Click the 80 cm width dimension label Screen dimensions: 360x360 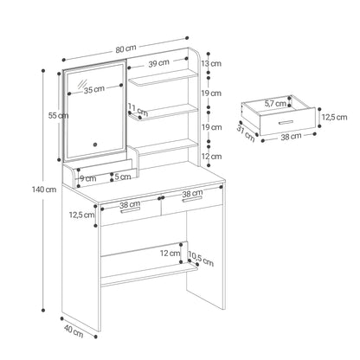[x=125, y=49]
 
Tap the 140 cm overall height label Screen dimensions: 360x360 [x=44, y=190]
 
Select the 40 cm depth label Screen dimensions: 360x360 [x=74, y=331]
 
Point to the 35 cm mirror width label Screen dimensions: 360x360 [x=94, y=89]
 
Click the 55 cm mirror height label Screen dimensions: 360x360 [x=58, y=116]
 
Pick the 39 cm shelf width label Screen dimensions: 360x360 [x=158, y=63]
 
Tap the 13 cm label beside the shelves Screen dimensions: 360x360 [x=211, y=63]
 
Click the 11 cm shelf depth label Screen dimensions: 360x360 [x=138, y=110]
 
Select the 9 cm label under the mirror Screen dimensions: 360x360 [x=88, y=178]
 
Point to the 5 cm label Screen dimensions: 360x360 [x=123, y=177]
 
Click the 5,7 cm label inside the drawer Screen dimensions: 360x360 [x=275, y=103]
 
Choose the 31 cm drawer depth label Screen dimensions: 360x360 [x=246, y=133]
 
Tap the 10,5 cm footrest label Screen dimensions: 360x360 [x=201, y=258]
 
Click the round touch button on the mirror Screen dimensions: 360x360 [x=95, y=145]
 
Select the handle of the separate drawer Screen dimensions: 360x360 [x=286, y=123]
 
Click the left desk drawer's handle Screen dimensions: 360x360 [x=131, y=210]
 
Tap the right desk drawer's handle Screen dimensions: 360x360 [x=192, y=200]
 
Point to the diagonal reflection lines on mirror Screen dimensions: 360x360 [x=82, y=84]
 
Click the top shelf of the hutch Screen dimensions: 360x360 [x=164, y=78]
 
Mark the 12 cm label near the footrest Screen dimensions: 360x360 [x=170, y=254]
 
